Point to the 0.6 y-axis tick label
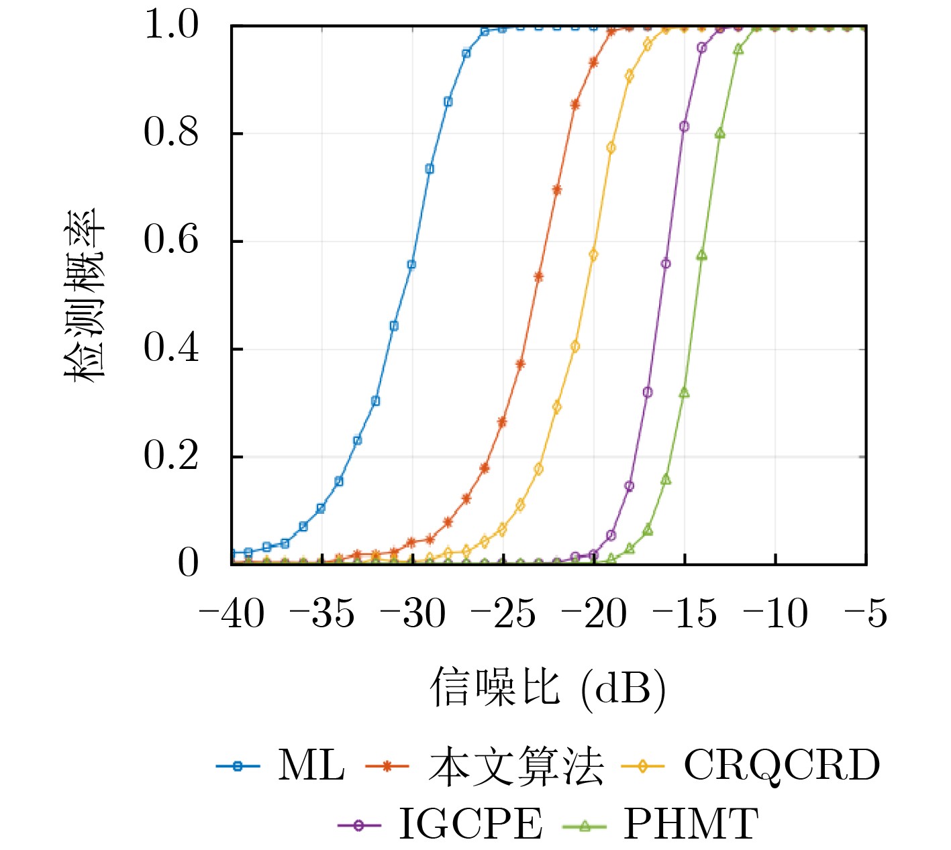172,241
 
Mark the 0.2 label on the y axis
172,456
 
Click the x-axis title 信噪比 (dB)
548,688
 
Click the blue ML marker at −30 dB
411,264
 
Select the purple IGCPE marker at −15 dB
684,126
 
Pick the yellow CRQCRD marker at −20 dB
593,255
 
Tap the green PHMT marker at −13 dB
720,134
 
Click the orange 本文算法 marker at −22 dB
557,190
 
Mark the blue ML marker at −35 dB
321,509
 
